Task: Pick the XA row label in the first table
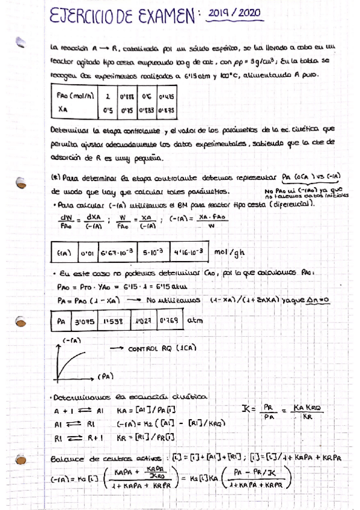tap(63, 110)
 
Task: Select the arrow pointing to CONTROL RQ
tap(115, 349)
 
